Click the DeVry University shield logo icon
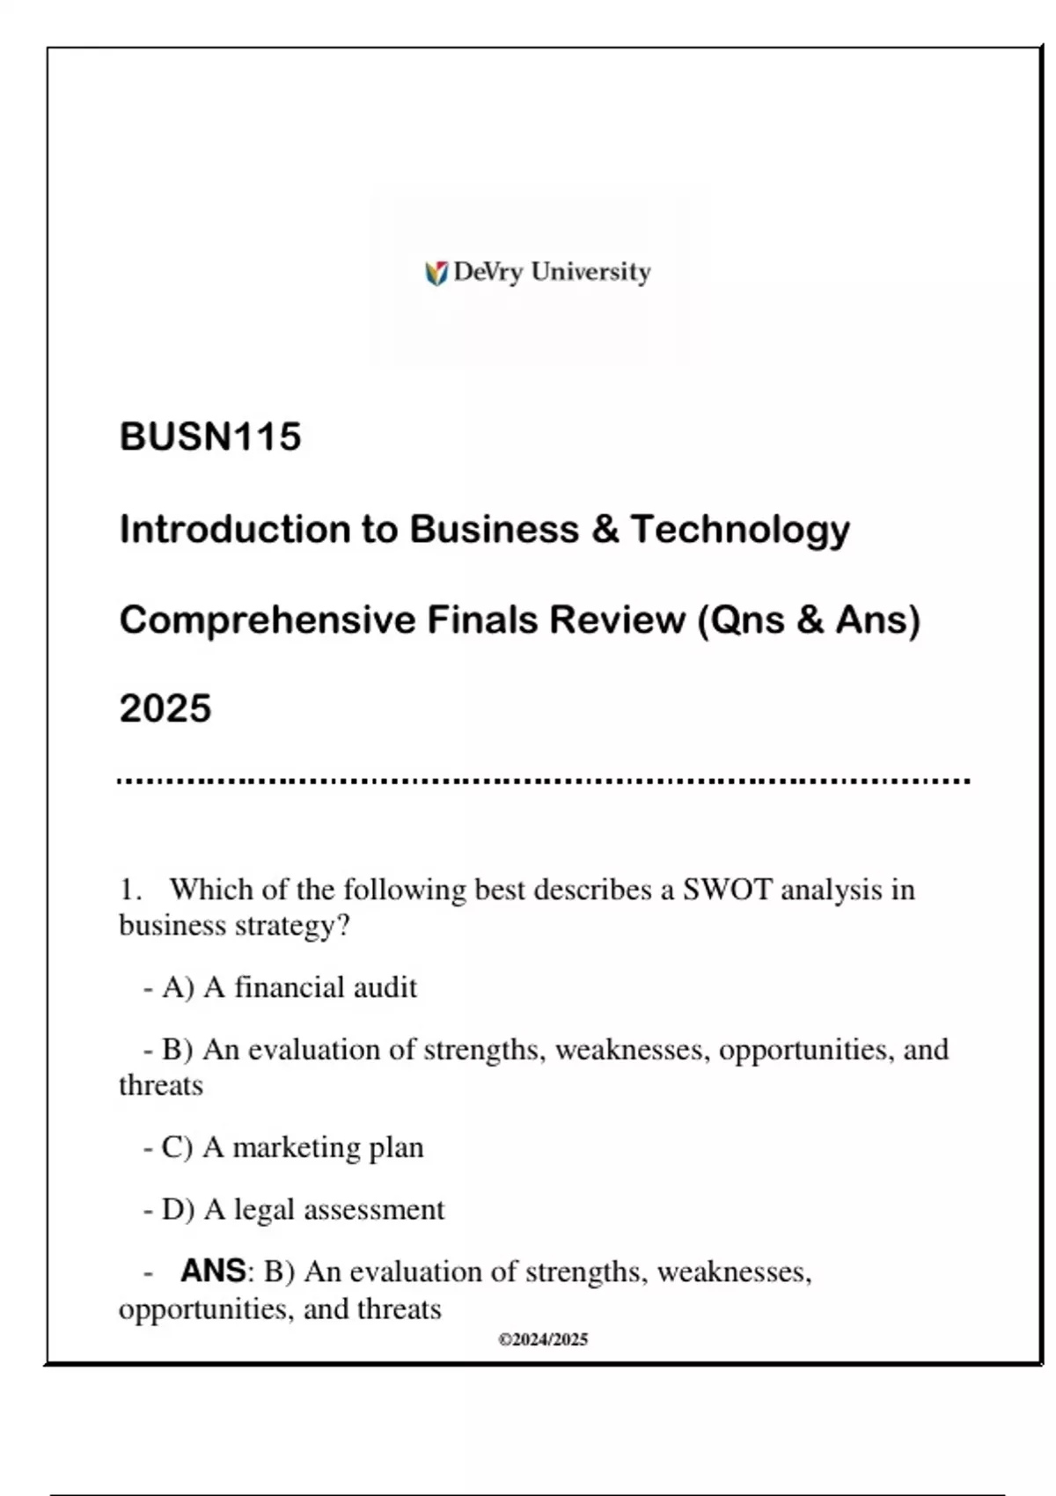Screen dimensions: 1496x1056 436,274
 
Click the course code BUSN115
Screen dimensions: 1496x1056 210,437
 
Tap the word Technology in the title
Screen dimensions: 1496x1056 740,530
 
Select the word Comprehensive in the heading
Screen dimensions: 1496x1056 268,620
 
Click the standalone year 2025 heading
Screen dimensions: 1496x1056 165,709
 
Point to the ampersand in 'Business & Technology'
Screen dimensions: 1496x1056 605,529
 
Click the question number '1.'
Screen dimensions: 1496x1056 130,890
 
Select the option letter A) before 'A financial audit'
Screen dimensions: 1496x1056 178,988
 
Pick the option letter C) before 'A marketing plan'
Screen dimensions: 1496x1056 177,1148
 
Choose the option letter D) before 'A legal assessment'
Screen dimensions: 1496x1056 178,1210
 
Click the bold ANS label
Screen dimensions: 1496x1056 213,1272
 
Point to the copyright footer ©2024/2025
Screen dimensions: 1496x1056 543,1340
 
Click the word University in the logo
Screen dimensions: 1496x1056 590,272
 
